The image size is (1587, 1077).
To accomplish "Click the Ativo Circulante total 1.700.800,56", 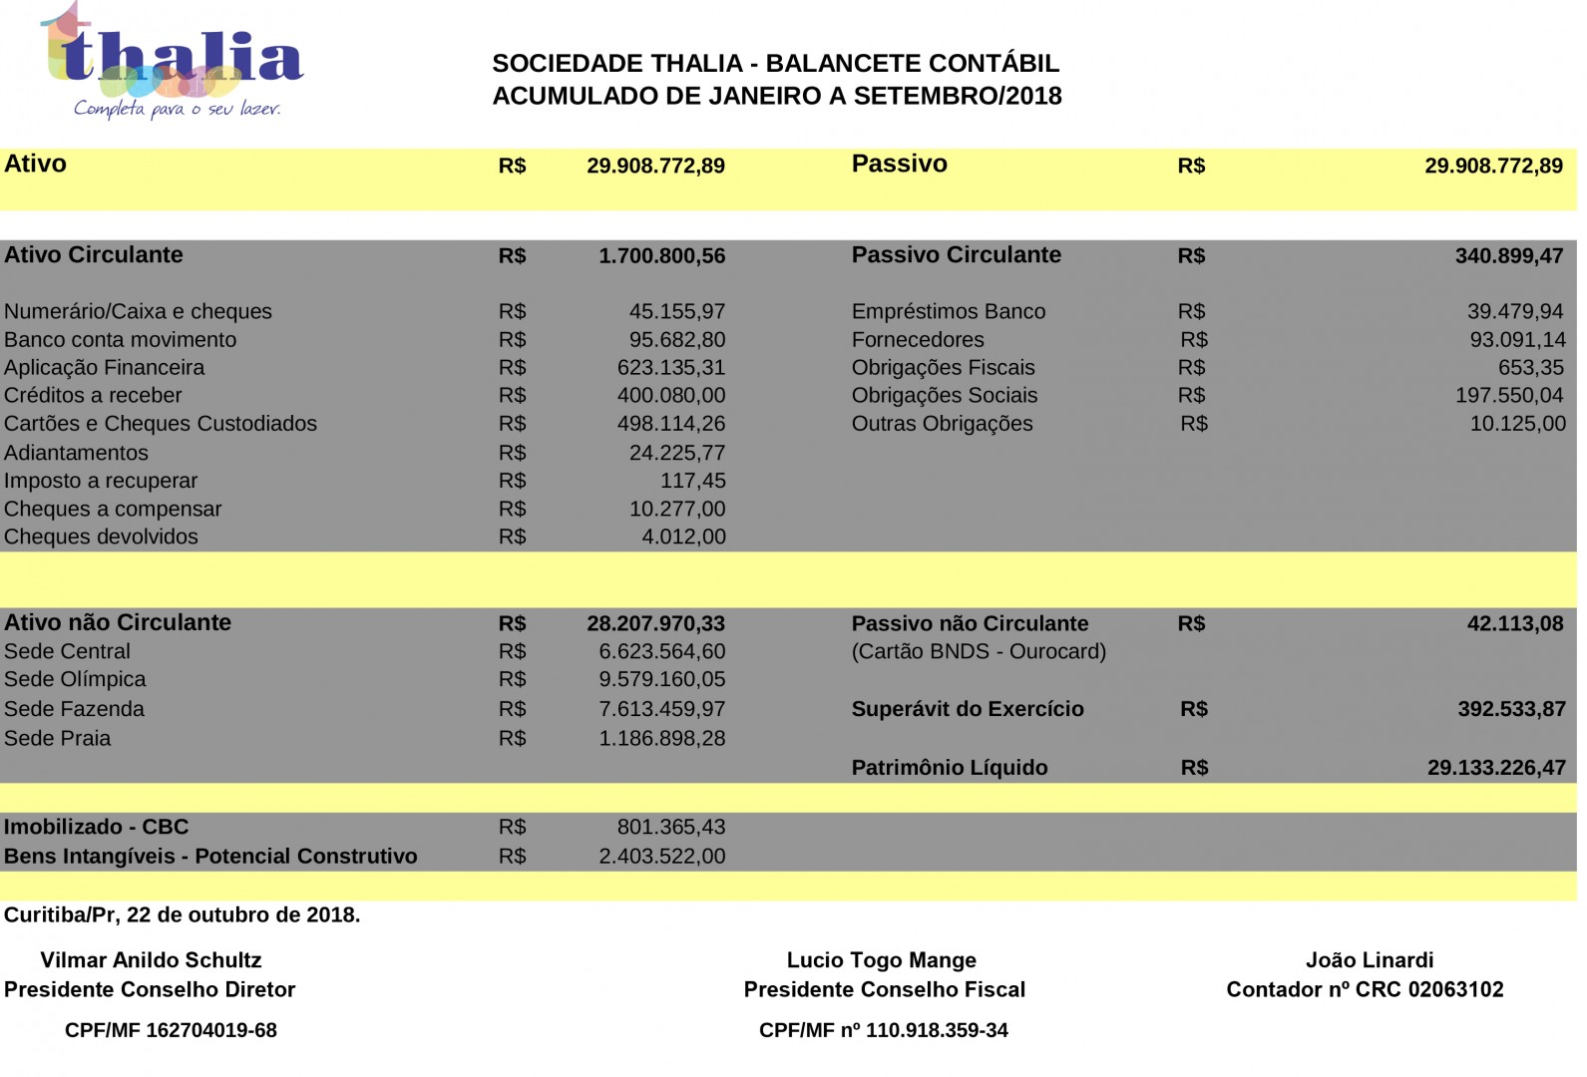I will pyautogui.click(x=661, y=256).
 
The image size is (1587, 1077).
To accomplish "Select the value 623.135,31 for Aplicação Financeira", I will pyautogui.click(x=670, y=368).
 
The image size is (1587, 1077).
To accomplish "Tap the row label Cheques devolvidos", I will pyautogui.click(x=101, y=537).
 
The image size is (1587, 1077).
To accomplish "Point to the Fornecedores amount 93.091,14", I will pyautogui.click(x=1517, y=340).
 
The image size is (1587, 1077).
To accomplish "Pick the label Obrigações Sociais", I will pyautogui.click(x=944, y=396).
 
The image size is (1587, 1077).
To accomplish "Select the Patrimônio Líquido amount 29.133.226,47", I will pyautogui.click(x=1495, y=768).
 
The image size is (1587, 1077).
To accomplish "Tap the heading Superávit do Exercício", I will pyautogui.click(x=967, y=709).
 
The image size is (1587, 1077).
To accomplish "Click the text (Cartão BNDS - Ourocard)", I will pyautogui.click(x=978, y=651).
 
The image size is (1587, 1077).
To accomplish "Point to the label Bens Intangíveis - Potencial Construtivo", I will pyautogui.click(x=210, y=856).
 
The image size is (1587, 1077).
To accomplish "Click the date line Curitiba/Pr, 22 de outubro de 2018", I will pyautogui.click(x=182, y=914).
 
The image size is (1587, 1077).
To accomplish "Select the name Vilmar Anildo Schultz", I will pyautogui.click(x=151, y=960).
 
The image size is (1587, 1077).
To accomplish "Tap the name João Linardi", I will pyautogui.click(x=1369, y=960).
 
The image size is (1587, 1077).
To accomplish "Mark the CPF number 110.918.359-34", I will pyautogui.click(x=937, y=1030).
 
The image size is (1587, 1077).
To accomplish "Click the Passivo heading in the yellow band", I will pyautogui.click(x=899, y=165).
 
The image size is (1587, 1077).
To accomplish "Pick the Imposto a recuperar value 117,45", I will pyautogui.click(x=692, y=481).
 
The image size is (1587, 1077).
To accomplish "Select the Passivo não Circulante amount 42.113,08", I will pyautogui.click(x=1514, y=624).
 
